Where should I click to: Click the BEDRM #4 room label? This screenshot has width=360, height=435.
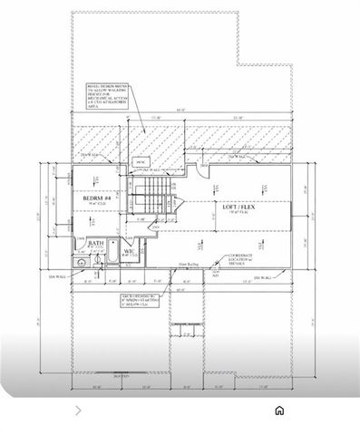(96, 197)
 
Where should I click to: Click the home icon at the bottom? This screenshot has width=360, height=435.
(280, 411)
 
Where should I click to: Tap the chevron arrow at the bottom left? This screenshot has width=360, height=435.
(78, 411)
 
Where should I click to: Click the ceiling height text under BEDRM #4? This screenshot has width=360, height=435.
(95, 205)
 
